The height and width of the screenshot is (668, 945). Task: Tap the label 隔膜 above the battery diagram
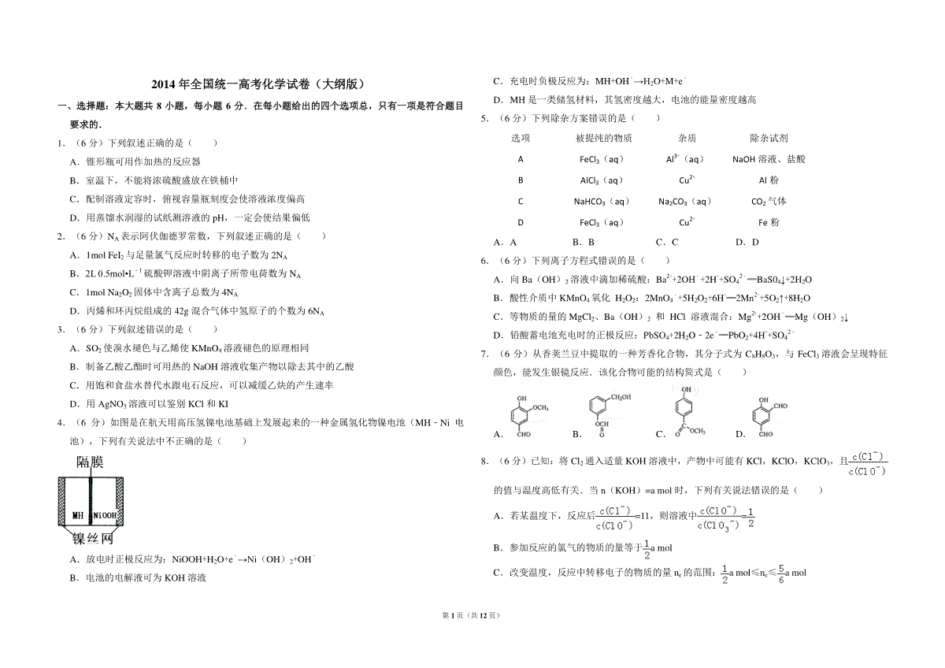[x=89, y=462]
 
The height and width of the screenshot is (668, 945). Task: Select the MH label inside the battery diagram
[x=78, y=515]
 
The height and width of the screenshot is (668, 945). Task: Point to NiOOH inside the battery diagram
[x=104, y=515]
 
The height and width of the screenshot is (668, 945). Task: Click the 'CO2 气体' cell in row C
[x=769, y=201]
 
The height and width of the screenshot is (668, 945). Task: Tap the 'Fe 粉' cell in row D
[x=769, y=222]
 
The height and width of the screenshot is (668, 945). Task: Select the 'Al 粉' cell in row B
[x=769, y=180]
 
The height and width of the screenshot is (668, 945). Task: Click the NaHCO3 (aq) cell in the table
[x=602, y=201]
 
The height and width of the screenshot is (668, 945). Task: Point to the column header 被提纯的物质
[x=603, y=138]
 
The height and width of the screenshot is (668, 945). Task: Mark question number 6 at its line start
[x=486, y=260]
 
